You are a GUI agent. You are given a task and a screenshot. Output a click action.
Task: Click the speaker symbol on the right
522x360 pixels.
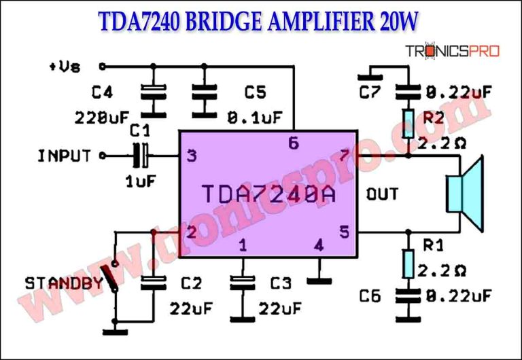coord(464,193)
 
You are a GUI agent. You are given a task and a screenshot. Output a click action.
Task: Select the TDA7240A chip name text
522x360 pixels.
coord(268,194)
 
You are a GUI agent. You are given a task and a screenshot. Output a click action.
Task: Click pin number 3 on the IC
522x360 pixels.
coord(192,157)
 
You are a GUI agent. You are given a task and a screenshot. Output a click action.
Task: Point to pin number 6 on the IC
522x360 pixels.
coord(293,143)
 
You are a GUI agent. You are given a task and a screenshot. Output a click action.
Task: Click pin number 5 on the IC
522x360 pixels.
coord(344,232)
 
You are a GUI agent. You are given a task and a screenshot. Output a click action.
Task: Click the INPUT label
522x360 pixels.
coord(64,156)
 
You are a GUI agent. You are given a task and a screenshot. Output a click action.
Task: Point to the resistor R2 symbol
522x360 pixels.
coord(408,123)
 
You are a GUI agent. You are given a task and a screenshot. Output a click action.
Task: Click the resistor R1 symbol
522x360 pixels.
coord(408,264)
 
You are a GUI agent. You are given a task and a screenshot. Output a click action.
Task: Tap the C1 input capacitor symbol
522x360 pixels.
coord(142,156)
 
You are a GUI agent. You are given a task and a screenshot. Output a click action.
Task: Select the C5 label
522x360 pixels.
coord(255,92)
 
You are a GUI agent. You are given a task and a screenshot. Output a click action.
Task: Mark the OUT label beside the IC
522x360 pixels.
coord(382,194)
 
